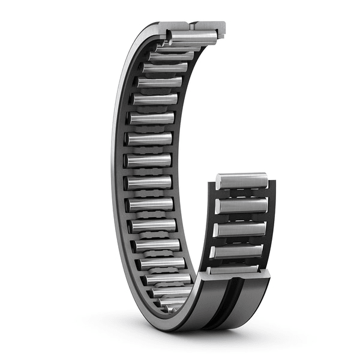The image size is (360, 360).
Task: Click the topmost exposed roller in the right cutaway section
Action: point(242,180)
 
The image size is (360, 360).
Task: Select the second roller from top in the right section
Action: point(242,205)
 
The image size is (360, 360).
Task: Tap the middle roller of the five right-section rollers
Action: point(241,229)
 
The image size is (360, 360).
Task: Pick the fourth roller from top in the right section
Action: point(238,251)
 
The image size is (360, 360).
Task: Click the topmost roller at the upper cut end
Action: point(192,37)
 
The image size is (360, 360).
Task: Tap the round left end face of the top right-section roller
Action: point(220,181)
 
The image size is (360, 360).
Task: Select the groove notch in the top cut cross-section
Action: point(190,25)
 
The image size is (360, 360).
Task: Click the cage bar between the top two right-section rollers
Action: point(242,193)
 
